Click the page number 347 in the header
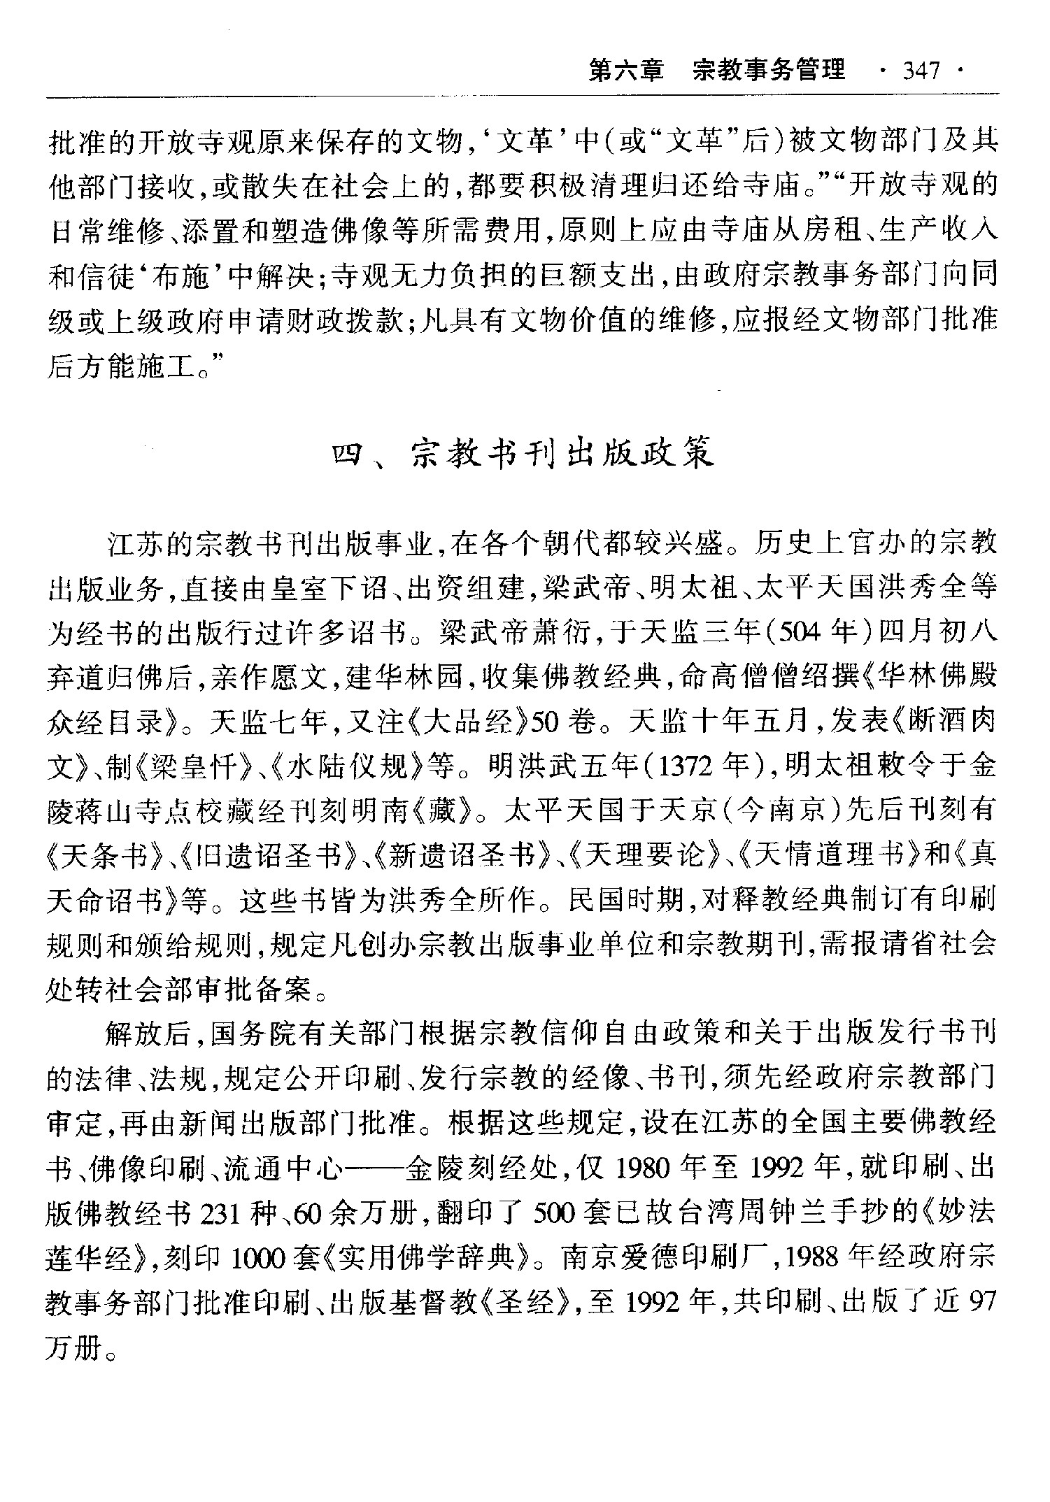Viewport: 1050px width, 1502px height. [921, 71]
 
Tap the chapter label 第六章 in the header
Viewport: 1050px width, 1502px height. [625, 71]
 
